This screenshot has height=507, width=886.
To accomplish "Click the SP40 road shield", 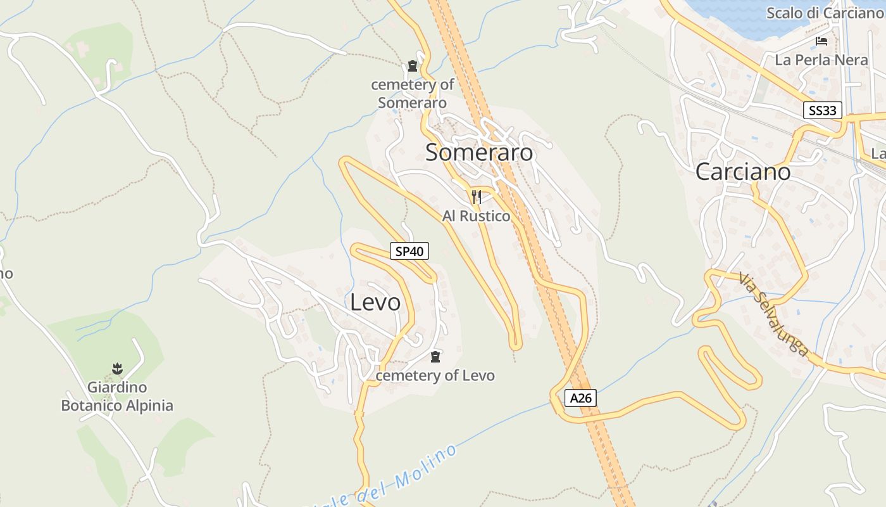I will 409,252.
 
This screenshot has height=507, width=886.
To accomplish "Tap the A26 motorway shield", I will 580,398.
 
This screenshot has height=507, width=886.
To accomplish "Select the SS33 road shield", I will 823,111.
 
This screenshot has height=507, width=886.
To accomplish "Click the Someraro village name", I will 479,153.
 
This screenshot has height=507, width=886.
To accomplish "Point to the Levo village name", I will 375,302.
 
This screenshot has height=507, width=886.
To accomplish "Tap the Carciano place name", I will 743,172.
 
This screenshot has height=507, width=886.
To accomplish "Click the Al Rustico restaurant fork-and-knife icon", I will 477,197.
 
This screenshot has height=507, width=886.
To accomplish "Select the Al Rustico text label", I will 476,216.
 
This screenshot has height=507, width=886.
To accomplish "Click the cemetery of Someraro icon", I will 413,66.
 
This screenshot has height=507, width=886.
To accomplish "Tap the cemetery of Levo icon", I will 435,357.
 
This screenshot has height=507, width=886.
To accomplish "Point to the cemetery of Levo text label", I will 435,376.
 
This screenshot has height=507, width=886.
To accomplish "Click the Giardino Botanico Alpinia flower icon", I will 117,368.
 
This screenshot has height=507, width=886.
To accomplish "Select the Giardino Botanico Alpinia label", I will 117,396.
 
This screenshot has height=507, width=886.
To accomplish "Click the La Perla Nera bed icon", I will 821,42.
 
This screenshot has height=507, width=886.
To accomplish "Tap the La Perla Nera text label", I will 821,60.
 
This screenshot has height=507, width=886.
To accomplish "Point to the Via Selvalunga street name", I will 773,314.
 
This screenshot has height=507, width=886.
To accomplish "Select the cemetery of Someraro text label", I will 413,93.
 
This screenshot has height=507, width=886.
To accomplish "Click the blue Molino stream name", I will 405,478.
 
